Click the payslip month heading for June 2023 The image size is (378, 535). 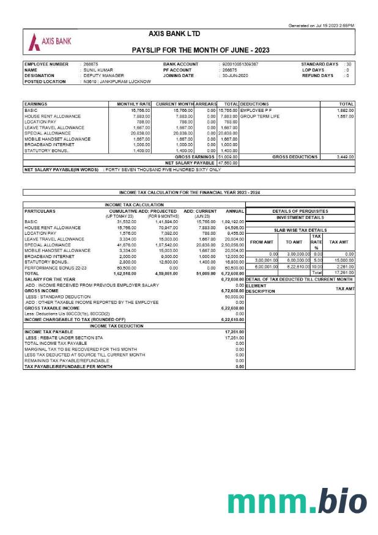pos(200,50)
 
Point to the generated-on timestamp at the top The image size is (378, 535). pos(321,26)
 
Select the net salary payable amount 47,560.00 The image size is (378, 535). pos(228,163)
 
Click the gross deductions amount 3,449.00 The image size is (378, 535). pos(346,157)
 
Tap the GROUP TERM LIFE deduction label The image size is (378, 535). pos(260,116)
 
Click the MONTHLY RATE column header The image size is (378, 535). pos(133,104)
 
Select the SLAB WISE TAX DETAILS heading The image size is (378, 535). pos(300,230)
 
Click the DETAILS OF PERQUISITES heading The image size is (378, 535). pos(300,211)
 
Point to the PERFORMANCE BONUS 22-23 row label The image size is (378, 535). pos(55,268)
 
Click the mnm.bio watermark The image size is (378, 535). pos(297,503)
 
